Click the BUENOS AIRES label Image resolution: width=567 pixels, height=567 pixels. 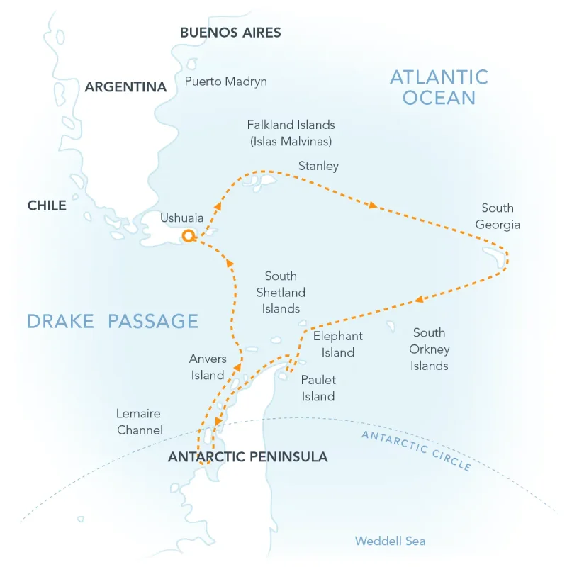coord(230,33)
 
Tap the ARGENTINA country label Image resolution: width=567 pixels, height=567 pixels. coord(125,87)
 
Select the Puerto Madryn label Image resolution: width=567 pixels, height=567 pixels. coord(225,82)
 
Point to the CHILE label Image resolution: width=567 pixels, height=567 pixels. coord(47,206)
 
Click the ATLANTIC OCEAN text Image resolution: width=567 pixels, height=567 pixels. coord(439,87)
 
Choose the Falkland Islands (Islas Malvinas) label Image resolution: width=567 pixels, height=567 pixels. coord(291,133)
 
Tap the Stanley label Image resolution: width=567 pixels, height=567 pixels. coord(318,167)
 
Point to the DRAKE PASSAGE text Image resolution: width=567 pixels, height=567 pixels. coord(112,320)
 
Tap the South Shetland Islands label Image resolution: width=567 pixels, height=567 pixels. coord(281,292)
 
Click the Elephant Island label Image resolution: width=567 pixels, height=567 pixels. coord(337,344)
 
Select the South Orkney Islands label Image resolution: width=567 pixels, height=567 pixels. coord(429,349)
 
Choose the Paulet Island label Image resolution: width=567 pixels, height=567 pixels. coord(318,388)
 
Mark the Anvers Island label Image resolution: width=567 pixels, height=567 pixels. coord(207,367)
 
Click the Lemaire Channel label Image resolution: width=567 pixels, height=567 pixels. coord(139,421)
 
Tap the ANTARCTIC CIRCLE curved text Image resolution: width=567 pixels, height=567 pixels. coord(416,450)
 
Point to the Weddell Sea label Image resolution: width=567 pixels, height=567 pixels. coord(391,541)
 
